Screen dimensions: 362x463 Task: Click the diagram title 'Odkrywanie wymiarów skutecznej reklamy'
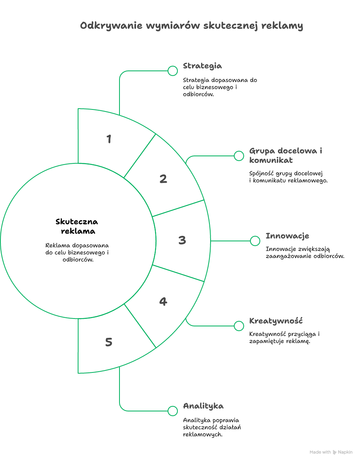[192, 26]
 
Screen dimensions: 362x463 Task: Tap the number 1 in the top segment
[109, 139]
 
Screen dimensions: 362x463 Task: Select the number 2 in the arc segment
[163, 179]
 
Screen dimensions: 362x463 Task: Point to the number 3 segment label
[182, 240]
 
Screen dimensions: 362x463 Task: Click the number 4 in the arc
[163, 302]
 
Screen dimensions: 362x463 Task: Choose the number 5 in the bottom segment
[109, 342]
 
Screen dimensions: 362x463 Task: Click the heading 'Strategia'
[202, 66]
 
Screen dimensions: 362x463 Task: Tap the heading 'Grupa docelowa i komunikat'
[285, 155]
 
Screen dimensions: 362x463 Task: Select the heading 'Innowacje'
[287, 236]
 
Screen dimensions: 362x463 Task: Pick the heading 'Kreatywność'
[276, 321]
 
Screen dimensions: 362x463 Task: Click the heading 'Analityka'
[203, 406]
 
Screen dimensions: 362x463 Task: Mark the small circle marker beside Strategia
[173, 71]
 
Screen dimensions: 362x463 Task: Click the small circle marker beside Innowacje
[255, 241]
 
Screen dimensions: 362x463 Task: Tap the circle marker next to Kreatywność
[239, 326]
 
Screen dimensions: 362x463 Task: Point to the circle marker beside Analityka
[173, 411]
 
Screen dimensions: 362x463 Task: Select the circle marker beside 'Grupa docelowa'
[239, 156]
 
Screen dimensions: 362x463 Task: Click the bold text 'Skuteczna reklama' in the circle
[77, 226]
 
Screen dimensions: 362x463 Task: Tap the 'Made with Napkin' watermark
[331, 452]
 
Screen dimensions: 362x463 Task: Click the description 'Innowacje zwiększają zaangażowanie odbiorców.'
[305, 253]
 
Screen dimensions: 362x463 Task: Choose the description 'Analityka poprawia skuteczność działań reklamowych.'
[212, 427]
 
